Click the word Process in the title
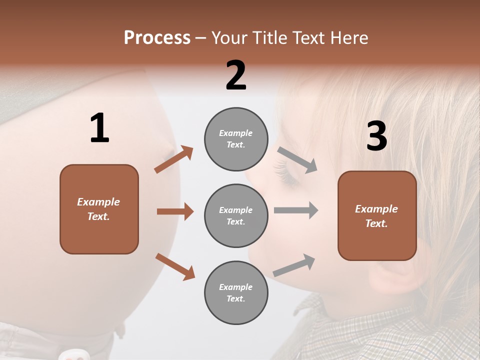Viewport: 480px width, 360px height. pos(157,38)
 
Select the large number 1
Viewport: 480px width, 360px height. pos(99,128)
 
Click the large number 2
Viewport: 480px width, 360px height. pos(236,75)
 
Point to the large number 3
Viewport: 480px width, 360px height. pos(376,136)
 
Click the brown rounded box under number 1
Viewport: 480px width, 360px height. pos(99,209)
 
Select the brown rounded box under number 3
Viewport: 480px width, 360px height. pos(377,216)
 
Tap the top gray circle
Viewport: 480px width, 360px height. pos(236,139)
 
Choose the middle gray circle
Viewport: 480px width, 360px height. pos(236,215)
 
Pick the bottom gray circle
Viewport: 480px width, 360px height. pos(236,292)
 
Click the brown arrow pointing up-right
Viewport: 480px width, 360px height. pos(173,159)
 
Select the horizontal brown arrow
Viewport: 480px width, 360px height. pos(175,211)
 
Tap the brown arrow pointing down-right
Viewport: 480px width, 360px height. pos(175,266)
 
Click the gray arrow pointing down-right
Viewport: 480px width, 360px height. pos(297,160)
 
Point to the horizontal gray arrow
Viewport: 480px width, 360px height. pos(296,210)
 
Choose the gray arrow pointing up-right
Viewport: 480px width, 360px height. pos(294,265)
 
